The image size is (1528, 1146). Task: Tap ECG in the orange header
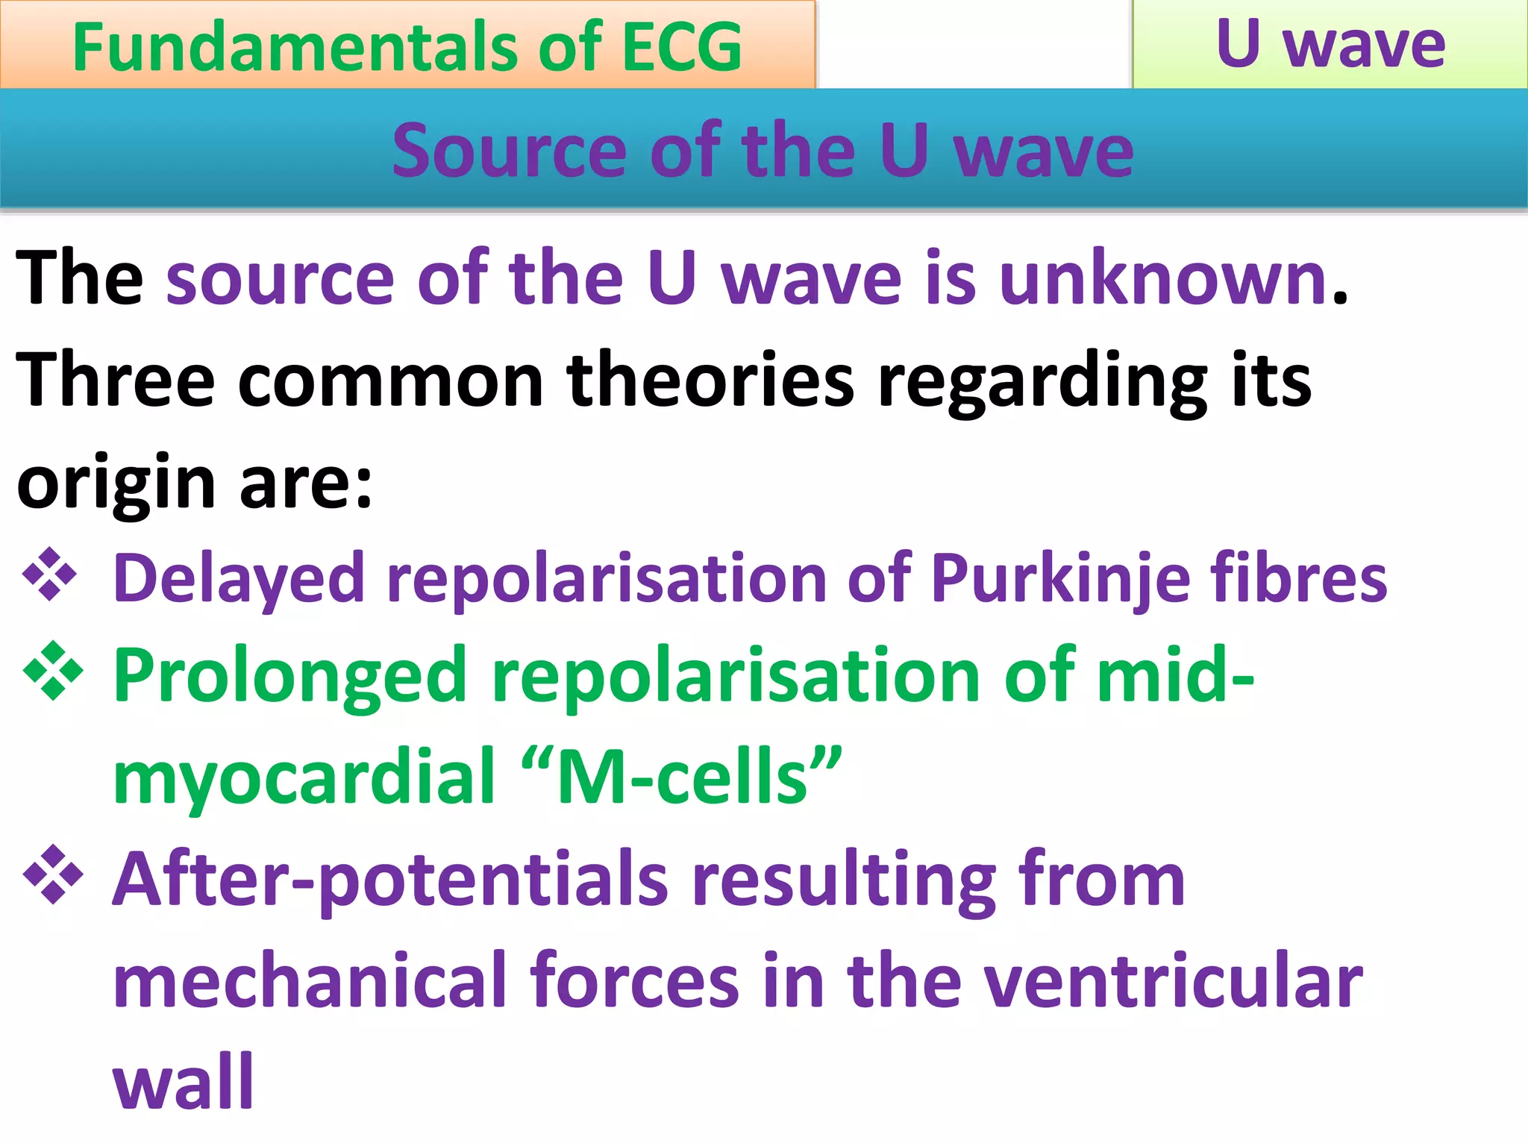[682, 47]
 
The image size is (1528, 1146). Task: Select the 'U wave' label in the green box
[1330, 43]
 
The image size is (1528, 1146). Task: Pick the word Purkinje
[1059, 578]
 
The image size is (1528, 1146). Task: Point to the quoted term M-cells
[682, 778]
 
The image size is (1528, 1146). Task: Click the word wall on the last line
[184, 1082]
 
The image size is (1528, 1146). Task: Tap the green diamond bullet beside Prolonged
[53, 671]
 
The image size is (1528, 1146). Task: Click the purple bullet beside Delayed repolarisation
[50, 574]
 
